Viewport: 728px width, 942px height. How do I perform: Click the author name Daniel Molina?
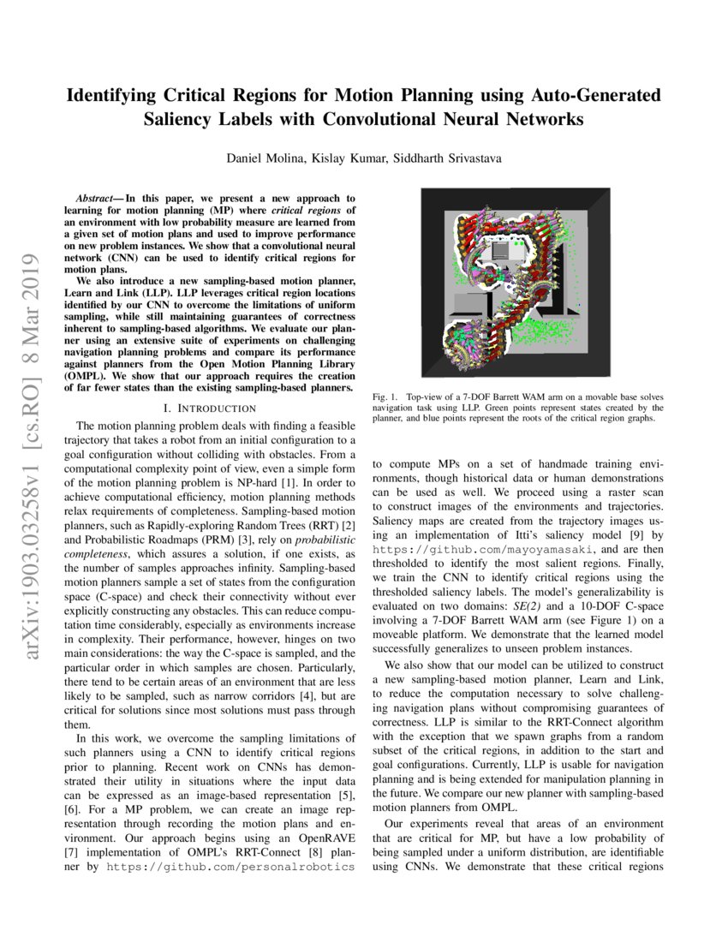pos(260,159)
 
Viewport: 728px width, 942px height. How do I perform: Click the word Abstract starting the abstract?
pos(93,198)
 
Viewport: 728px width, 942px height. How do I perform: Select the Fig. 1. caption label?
pos(385,397)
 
